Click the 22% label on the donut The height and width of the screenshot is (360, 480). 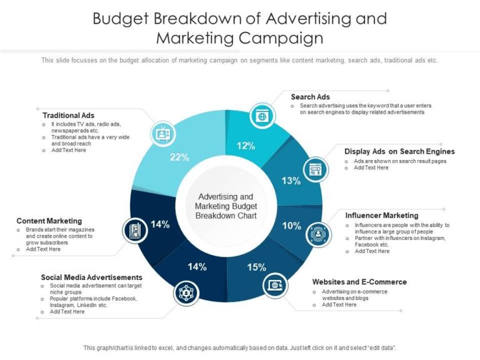coord(179,157)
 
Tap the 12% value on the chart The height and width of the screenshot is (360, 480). coord(246,146)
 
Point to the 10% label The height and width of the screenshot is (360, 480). coord(291,226)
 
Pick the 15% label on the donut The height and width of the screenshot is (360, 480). coord(256,267)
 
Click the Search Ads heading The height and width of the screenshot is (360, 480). coord(310,97)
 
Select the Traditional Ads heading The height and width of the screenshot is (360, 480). coord(68,115)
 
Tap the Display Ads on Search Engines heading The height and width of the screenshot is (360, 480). coord(399,151)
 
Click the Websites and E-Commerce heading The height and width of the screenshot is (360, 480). coord(359,282)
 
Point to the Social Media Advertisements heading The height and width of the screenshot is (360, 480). coord(92,277)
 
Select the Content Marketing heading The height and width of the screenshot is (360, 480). coord(49,221)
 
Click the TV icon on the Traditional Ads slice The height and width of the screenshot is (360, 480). coord(163,133)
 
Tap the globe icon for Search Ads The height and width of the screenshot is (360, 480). coord(262,116)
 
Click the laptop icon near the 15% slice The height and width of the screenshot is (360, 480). coord(276,286)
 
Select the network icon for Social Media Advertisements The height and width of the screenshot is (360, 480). coord(186,292)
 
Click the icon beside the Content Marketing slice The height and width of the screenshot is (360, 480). coord(135,230)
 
